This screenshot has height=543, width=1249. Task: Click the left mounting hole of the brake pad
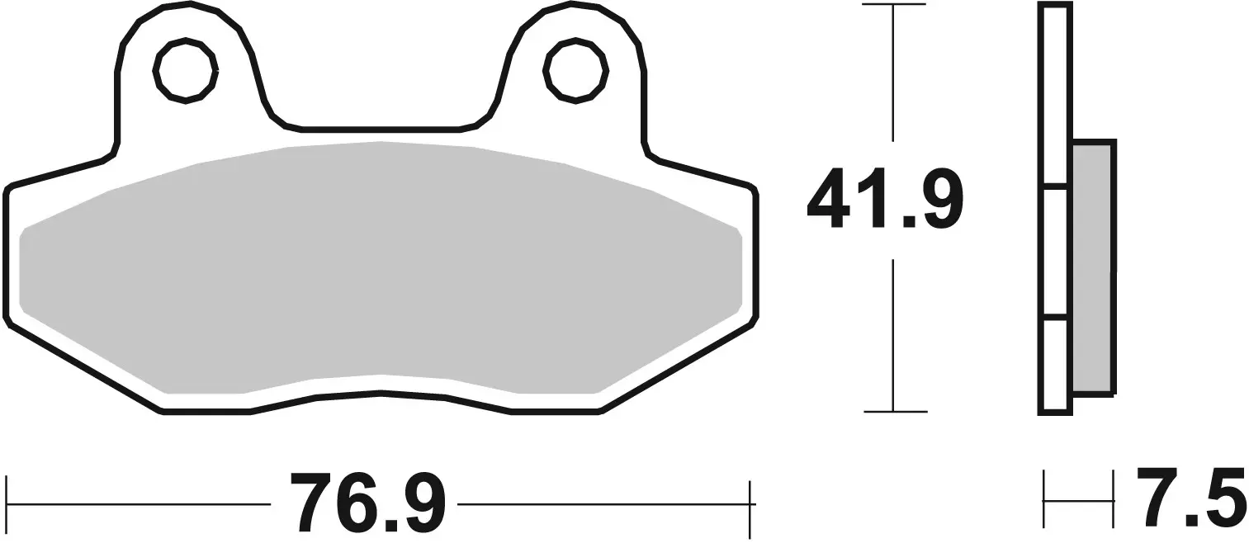click(186, 70)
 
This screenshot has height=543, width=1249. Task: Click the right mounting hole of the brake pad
click(575, 70)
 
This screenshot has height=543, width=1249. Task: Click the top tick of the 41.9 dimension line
click(893, 5)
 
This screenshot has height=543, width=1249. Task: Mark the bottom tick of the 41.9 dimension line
click(895, 410)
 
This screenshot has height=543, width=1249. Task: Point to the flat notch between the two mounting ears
click(381, 130)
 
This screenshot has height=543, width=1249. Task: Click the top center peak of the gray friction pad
click(381, 143)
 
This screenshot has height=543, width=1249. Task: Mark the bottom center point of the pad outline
click(381, 393)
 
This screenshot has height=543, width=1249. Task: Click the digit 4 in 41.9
click(830, 199)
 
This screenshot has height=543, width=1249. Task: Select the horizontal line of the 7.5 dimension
click(1079, 499)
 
